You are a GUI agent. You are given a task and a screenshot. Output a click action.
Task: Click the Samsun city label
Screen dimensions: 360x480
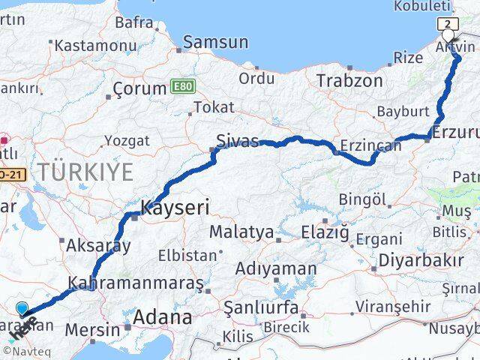[x=215, y=42]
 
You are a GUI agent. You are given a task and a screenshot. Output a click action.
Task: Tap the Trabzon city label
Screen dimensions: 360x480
[x=349, y=80]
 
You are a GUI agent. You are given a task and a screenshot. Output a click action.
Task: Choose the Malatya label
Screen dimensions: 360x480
[x=241, y=232]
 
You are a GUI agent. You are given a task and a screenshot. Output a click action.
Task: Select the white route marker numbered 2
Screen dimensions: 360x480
[x=448, y=24]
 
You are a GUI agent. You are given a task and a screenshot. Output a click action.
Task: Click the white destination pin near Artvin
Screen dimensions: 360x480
[x=448, y=35]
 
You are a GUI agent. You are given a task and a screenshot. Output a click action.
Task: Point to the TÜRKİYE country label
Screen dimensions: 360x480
[x=85, y=172]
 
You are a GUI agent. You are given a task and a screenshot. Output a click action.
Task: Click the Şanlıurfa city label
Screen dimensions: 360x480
[x=261, y=307]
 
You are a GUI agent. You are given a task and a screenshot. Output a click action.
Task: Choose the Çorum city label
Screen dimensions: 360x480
[x=139, y=88]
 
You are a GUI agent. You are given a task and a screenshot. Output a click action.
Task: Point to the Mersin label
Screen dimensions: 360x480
[x=92, y=329]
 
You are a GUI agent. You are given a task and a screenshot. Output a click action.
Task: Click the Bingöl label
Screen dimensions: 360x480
[x=362, y=199]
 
